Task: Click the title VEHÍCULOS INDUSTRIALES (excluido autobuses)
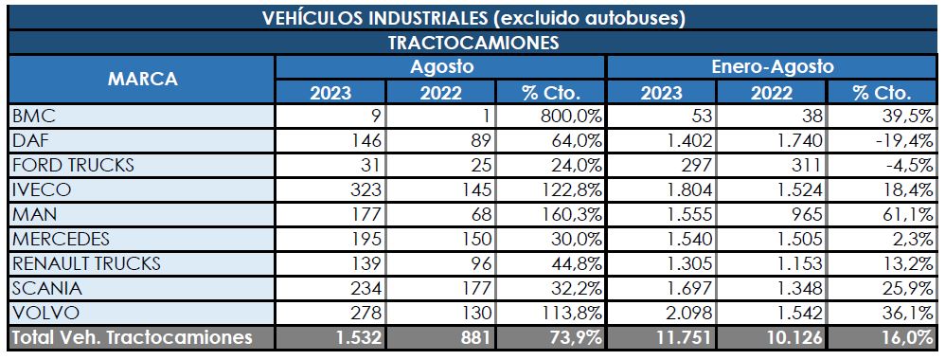point(472,17)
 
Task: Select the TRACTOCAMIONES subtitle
point(472,43)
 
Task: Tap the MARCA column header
point(141,80)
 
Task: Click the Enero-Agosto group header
point(772,67)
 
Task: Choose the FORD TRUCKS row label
point(73,165)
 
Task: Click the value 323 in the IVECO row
point(366,189)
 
